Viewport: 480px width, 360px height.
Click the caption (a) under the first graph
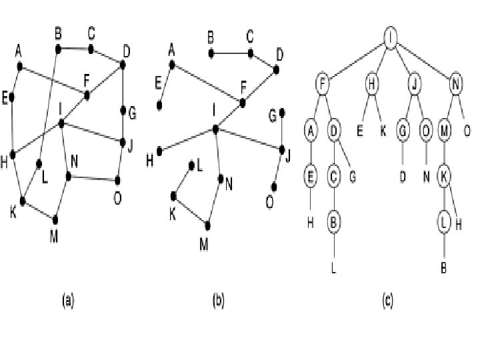68,301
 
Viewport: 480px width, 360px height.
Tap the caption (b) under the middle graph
217,301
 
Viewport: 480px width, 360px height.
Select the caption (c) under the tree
387,301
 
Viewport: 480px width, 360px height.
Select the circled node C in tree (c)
333,177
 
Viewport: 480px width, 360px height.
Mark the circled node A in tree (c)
310,131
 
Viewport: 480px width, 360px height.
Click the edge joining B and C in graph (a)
75,49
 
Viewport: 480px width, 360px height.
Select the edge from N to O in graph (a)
93,178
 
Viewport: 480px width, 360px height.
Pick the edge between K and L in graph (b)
183,181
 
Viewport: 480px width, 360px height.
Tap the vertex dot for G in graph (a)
123,111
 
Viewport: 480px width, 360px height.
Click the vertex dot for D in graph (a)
123,65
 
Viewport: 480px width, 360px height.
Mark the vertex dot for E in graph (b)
159,105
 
